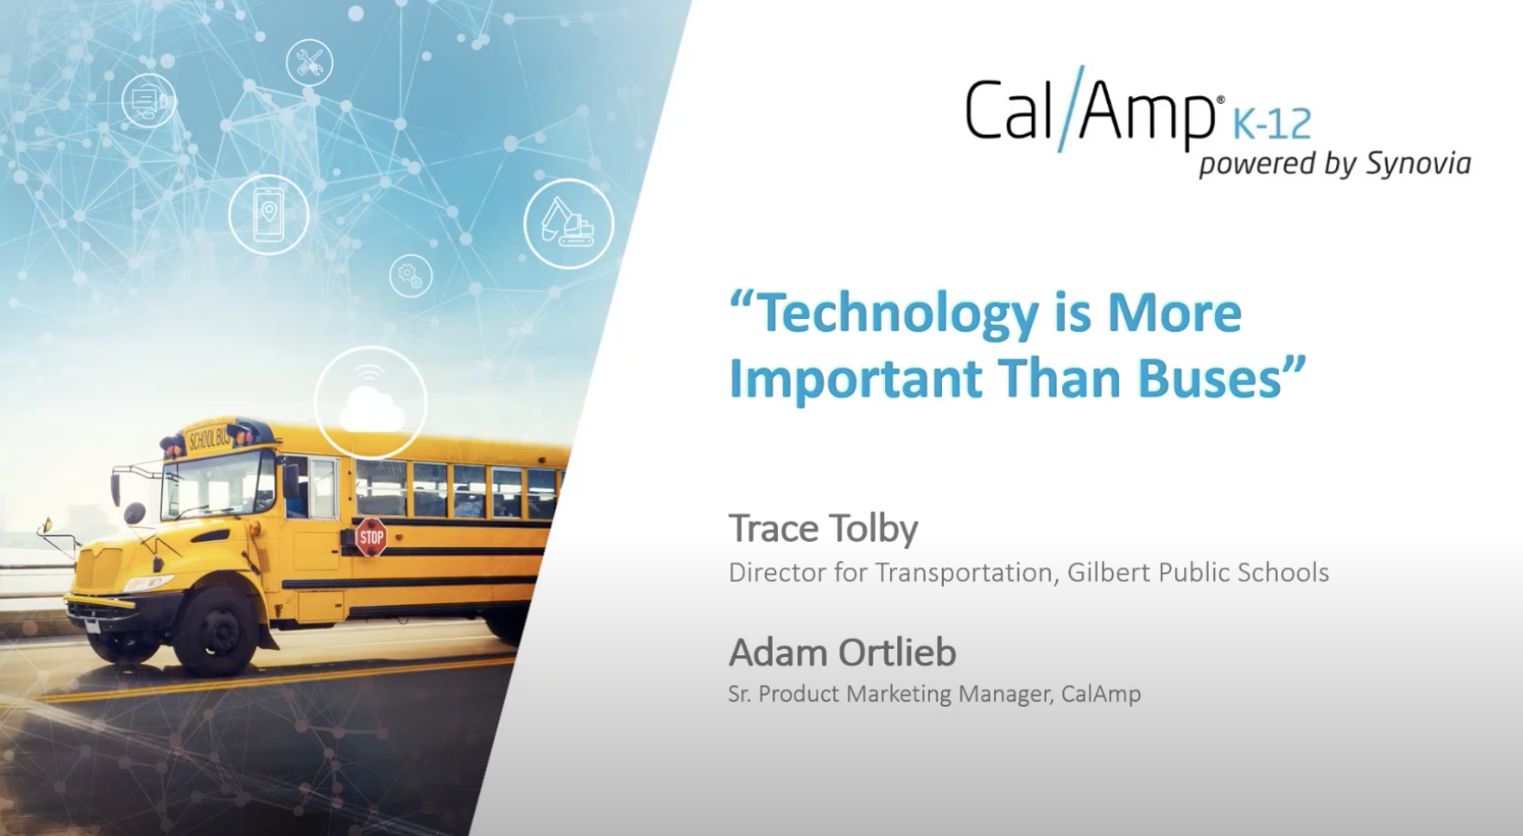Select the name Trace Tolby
pyautogui.click(x=823, y=528)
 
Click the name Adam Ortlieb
pyautogui.click(x=842, y=653)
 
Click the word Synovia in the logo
pyautogui.click(x=1418, y=163)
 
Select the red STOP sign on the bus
pyautogui.click(x=370, y=536)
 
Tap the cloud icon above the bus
pyautogui.click(x=371, y=404)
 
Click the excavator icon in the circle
pyautogui.click(x=568, y=223)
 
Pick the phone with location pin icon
pyautogui.click(x=268, y=214)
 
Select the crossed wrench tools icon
pyautogui.click(x=309, y=62)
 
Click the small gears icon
pyautogui.click(x=410, y=275)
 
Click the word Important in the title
pyautogui.click(x=855, y=378)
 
